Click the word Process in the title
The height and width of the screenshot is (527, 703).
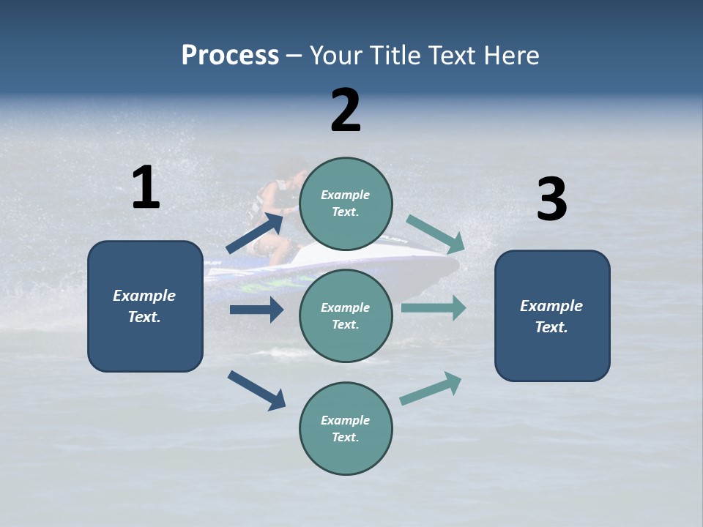pyautogui.click(x=230, y=56)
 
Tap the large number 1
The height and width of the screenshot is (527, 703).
pyautogui.click(x=146, y=188)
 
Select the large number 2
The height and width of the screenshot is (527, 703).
pyautogui.click(x=346, y=111)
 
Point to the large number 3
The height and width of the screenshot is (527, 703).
pyautogui.click(x=551, y=200)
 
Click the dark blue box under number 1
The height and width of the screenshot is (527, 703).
pyautogui.click(x=145, y=306)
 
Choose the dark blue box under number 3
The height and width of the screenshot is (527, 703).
pyautogui.click(x=552, y=315)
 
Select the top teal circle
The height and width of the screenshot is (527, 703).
pyautogui.click(x=346, y=203)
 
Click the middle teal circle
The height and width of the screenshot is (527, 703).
pyautogui.click(x=346, y=315)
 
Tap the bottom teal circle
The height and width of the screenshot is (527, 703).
pyautogui.click(x=346, y=428)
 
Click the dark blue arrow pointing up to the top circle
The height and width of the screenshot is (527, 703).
pyautogui.click(x=255, y=232)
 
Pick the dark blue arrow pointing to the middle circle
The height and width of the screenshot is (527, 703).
pyautogui.click(x=256, y=310)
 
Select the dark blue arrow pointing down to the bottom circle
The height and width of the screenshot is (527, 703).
pyautogui.click(x=256, y=390)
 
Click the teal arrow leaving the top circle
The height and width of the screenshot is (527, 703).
pyautogui.click(x=436, y=233)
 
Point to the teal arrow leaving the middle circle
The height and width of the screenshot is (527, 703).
pyautogui.click(x=434, y=307)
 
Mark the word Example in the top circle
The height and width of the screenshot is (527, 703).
pyautogui.click(x=346, y=195)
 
